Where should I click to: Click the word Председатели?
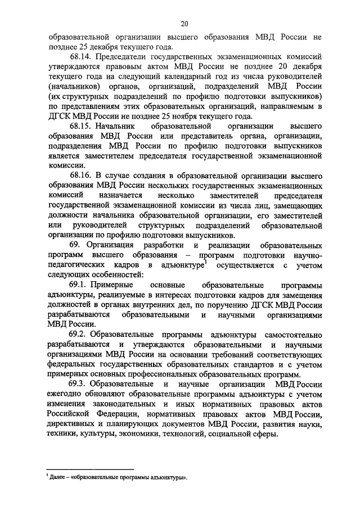tap(123, 57)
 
